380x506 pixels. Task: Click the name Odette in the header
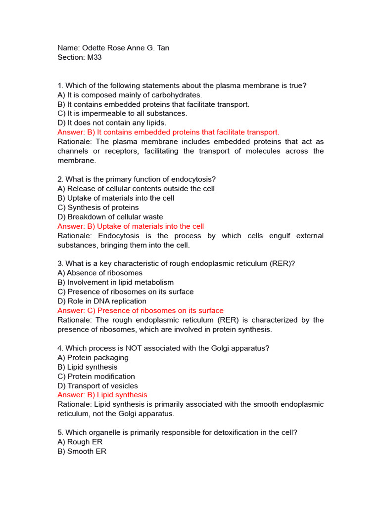coord(93,48)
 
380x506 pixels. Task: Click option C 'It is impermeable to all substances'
coord(122,114)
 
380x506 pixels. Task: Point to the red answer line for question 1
coord(168,132)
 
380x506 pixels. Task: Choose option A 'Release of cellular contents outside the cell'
coord(136,189)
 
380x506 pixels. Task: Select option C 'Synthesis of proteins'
coord(98,208)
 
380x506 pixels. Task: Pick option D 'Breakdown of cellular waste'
coord(110,217)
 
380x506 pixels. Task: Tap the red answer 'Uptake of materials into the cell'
coord(131,226)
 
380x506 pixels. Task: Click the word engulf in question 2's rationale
coord(277,236)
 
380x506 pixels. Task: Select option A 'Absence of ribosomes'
coord(100,273)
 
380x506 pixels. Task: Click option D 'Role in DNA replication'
coord(102,301)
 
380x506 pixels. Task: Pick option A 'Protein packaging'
coord(93,358)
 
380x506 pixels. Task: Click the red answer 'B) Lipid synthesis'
coord(102,395)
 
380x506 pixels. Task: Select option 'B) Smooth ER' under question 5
coord(82,452)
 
